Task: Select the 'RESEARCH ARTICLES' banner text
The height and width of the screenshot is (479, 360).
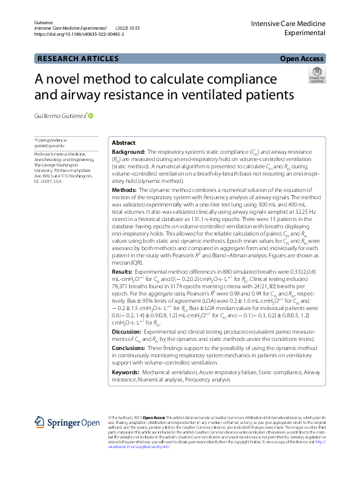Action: pyautogui.click(x=78, y=59)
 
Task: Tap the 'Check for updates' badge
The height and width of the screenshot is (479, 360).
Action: pyautogui.click(x=316, y=76)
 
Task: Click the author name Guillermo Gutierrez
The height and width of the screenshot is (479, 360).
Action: pyautogui.click(x=60, y=115)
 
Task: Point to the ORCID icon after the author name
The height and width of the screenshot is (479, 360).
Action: pyautogui.click(x=91, y=114)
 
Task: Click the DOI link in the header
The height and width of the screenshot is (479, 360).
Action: pyautogui.click(x=80, y=35)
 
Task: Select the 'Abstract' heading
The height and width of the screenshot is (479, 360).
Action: pyautogui.click(x=124, y=142)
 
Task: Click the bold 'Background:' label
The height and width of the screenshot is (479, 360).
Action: pyautogui.click(x=129, y=152)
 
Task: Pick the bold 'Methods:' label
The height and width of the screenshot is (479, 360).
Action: pyautogui.click(x=125, y=190)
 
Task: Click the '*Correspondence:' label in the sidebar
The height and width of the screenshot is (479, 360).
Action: pyautogui.click(x=51, y=140)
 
